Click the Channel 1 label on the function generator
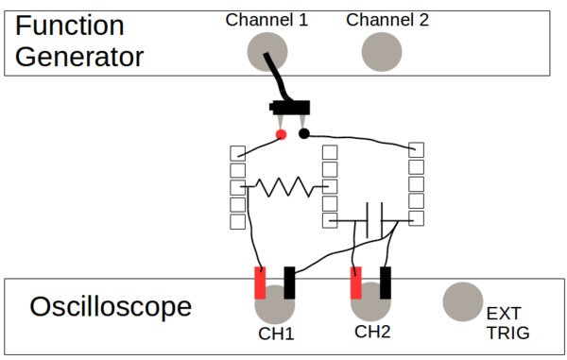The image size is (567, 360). [x=266, y=19]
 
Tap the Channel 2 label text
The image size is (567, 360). [x=387, y=19]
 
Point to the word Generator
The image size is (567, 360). [x=78, y=57]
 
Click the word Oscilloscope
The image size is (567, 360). [x=111, y=307]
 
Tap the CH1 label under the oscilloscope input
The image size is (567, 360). [x=277, y=334]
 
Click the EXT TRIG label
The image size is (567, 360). [x=507, y=323]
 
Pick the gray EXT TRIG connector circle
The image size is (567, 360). [x=462, y=300]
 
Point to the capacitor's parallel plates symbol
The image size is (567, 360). [x=374, y=220]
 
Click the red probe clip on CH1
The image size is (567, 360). [x=261, y=283]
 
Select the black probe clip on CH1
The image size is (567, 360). [x=289, y=283]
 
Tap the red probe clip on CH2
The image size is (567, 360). [x=356, y=282]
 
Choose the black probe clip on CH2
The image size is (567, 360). [x=386, y=282]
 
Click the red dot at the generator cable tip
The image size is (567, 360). [x=281, y=134]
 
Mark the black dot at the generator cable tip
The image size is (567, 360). [x=304, y=133]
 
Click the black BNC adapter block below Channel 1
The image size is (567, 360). [x=290, y=107]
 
